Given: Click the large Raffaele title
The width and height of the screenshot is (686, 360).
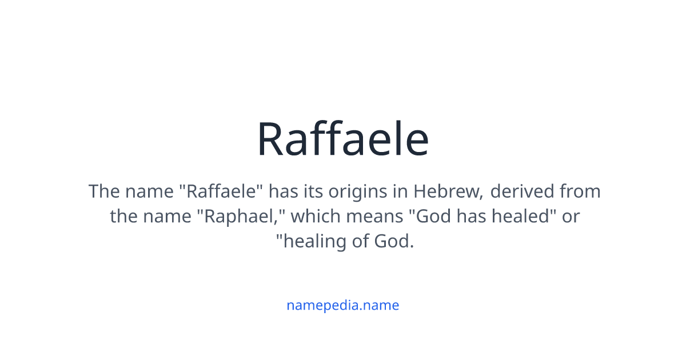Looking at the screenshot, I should click(342, 139).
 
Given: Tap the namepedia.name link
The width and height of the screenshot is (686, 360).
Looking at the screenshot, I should click(342, 305).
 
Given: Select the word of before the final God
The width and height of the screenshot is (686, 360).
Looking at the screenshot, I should click(361, 241).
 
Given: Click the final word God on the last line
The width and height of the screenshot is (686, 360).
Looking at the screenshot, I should click(393, 241).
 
